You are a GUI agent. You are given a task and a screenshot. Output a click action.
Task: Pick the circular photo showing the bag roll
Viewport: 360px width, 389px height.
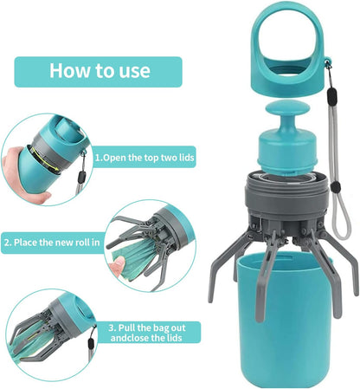(x=150, y=244)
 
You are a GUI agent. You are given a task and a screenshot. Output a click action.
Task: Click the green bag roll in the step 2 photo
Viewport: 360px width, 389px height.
(x=138, y=251)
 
